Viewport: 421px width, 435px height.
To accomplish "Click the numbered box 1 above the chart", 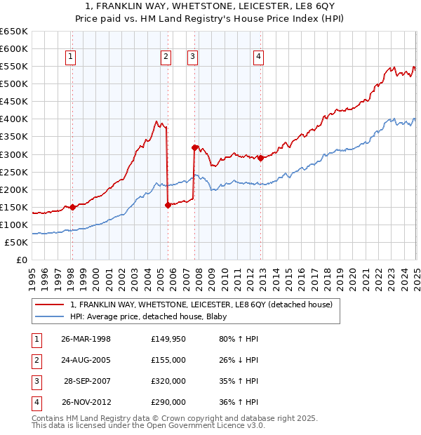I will [72, 58].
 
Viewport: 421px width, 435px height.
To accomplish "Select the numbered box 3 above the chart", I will [192, 58].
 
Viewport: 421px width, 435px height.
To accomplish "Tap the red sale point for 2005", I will [168, 205].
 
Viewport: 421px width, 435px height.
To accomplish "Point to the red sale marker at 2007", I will [194, 147].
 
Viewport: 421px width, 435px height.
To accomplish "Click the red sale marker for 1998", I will [72, 207].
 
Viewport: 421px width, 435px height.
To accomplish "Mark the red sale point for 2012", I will [260, 158].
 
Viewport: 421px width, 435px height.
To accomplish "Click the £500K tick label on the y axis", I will [14, 84].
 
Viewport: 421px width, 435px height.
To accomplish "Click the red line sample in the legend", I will [51, 304].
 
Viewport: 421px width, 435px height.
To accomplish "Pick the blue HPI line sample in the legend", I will [51, 316].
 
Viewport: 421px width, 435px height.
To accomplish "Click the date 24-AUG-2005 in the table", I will [86, 360].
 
